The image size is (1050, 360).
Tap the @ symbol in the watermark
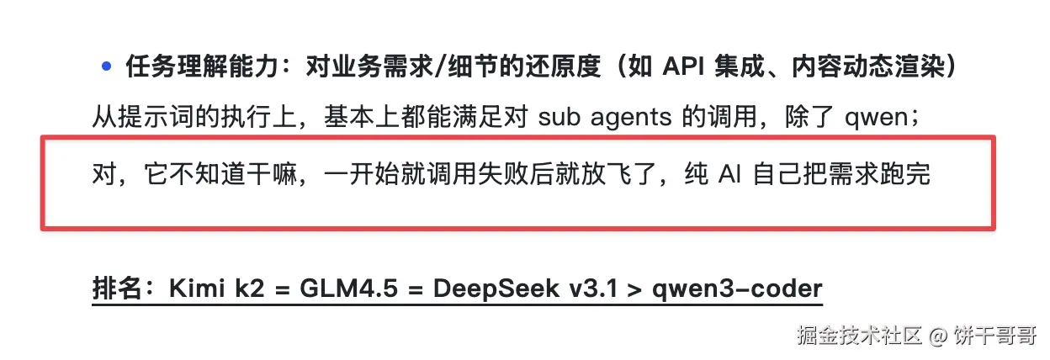coord(937,336)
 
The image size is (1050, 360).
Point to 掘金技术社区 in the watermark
coord(859,336)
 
